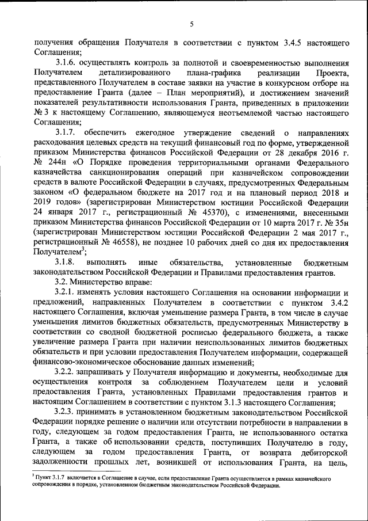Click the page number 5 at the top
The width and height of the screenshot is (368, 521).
click(x=192, y=24)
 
